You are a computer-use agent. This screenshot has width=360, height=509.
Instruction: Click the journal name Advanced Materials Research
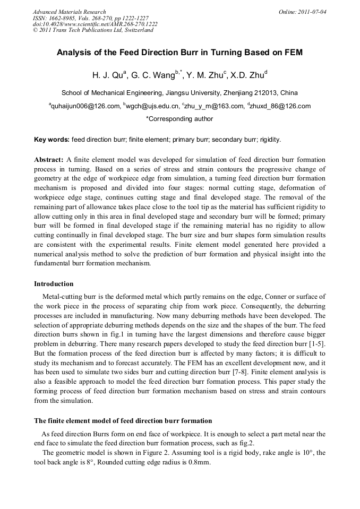(69, 12)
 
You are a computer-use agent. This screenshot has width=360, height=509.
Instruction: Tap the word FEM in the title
(291, 53)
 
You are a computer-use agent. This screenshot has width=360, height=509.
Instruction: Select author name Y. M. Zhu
(205, 75)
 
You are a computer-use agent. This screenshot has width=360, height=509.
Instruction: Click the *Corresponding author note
(179, 119)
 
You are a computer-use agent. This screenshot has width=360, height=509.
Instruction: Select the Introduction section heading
(54, 284)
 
